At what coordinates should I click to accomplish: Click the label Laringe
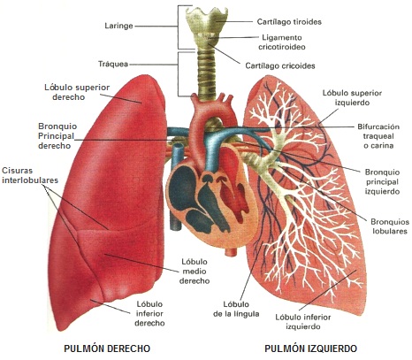(118, 26)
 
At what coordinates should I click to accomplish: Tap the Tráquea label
(113, 64)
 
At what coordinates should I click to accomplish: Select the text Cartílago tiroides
(289, 22)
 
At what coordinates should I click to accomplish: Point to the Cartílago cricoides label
(280, 65)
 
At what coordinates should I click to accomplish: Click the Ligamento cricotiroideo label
(282, 42)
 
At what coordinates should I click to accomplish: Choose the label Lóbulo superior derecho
(77, 92)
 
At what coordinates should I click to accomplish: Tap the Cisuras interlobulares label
(30, 175)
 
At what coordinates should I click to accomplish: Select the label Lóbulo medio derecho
(195, 272)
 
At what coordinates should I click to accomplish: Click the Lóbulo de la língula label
(236, 309)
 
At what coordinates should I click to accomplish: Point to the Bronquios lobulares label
(390, 226)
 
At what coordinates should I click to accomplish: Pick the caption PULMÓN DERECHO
(107, 349)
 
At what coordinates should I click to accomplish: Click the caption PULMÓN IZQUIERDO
(310, 349)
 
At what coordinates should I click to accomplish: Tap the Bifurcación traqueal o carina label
(378, 136)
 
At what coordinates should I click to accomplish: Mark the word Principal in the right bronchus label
(56, 136)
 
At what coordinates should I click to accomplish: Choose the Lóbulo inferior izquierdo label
(303, 322)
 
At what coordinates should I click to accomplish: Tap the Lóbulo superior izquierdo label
(352, 97)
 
